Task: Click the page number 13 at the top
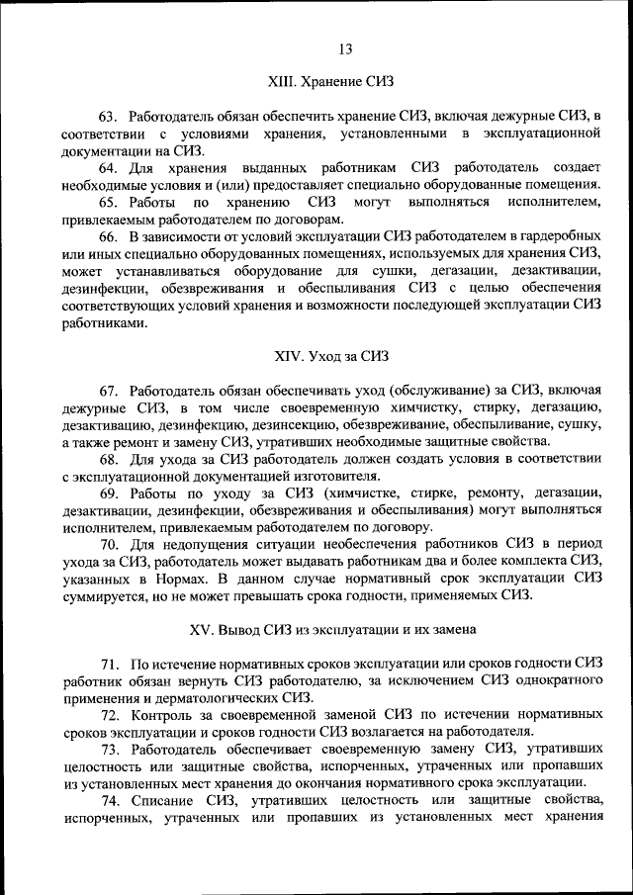[345, 50]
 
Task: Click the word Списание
[164, 800]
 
